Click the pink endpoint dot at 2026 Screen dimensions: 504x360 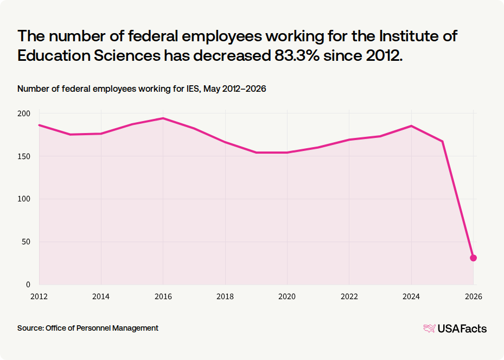(473, 258)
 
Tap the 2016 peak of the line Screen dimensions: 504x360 (163, 118)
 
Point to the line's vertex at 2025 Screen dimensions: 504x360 (442, 141)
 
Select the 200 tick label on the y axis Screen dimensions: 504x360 (24, 113)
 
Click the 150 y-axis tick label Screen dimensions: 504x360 (24, 156)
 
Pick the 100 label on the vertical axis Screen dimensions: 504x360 (24, 199)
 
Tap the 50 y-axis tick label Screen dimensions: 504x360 (26, 242)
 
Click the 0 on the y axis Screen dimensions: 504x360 (28, 285)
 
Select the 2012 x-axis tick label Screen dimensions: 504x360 (39, 296)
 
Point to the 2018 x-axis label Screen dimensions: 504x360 (225, 296)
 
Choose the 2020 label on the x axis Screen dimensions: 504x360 (287, 296)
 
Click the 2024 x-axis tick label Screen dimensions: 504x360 (411, 296)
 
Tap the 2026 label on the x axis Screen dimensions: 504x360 (474, 296)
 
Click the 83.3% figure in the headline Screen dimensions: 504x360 (297, 56)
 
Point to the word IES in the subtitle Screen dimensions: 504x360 (193, 89)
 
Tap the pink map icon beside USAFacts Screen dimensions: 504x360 (430, 329)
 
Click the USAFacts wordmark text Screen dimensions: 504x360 (462, 329)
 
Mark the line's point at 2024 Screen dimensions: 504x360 (411, 126)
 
